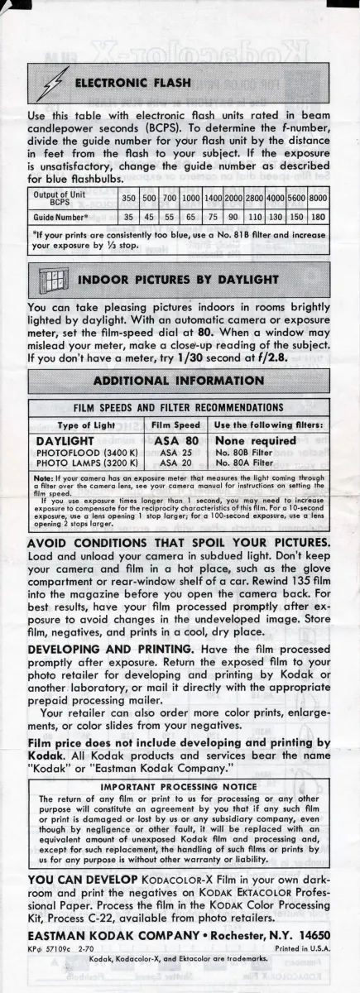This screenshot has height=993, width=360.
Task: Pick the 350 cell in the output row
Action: (x=129, y=199)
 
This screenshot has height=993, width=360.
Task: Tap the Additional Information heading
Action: (x=180, y=381)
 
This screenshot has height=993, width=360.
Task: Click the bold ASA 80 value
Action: (x=180, y=441)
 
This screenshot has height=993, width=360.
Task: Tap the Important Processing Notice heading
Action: (x=180, y=786)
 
